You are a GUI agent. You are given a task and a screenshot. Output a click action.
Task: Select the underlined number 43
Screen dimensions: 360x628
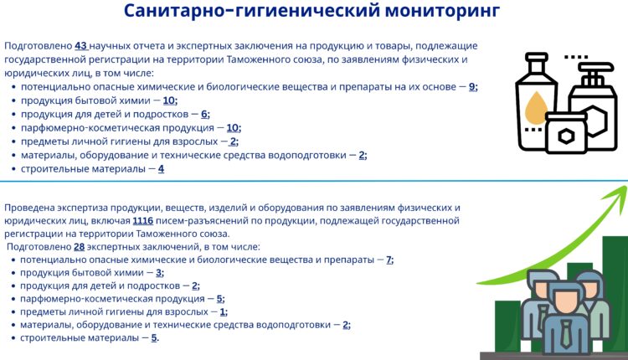[81, 46]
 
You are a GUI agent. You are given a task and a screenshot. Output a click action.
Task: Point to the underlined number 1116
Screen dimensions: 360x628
[142, 221]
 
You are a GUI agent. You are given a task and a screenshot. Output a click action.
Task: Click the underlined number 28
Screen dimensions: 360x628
[80, 247]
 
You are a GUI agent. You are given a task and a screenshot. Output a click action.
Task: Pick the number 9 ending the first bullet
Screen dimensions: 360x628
[472, 86]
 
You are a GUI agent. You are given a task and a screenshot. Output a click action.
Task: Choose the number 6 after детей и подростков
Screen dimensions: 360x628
[205, 114]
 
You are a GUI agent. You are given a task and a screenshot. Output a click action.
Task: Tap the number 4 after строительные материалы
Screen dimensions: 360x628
[161, 168]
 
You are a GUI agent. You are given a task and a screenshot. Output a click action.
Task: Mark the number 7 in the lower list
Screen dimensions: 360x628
[389, 260]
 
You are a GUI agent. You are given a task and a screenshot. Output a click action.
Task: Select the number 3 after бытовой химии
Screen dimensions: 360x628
[159, 273]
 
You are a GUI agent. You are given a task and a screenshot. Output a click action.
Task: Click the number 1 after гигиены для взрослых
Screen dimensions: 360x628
[223, 311]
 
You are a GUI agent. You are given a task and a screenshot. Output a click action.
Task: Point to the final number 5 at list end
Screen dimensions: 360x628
[154, 337]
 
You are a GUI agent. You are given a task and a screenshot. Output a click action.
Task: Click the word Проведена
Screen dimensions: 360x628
[29, 208]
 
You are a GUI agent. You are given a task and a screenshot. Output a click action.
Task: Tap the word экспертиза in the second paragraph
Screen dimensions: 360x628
[90, 208]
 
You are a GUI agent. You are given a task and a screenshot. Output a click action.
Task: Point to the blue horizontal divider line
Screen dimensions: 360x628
[314, 180]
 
